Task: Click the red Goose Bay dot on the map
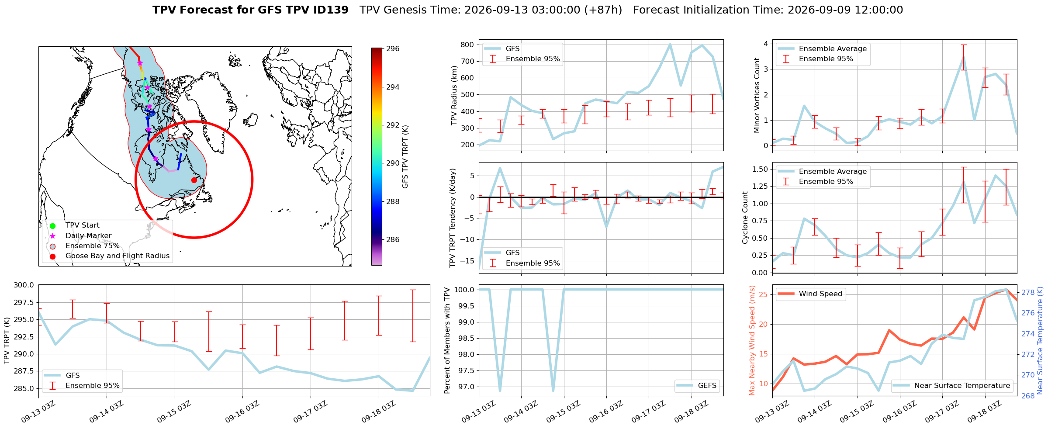(194, 180)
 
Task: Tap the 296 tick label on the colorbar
(393, 49)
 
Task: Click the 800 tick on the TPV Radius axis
(467, 45)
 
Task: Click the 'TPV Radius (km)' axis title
(454, 95)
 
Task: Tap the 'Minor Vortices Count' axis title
(757, 95)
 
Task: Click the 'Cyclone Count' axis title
(745, 218)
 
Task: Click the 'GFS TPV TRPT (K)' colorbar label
(405, 157)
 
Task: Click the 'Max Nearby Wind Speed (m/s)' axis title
(752, 340)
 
